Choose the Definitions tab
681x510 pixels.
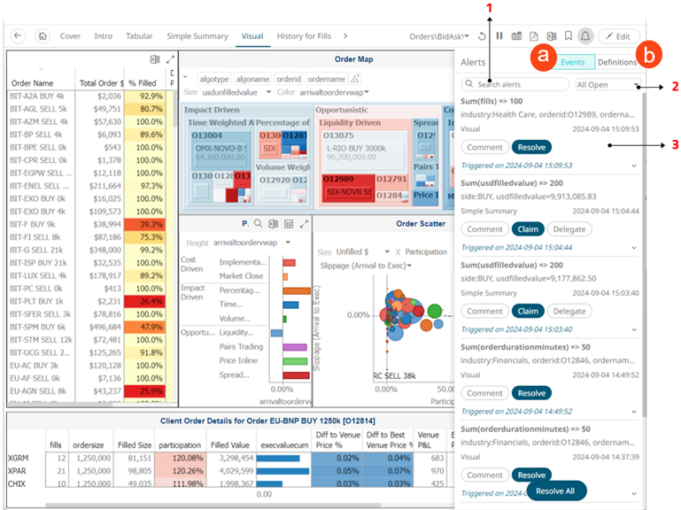[x=617, y=63]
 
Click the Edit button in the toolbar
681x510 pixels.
[x=619, y=36]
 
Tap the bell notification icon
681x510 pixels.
[x=584, y=36]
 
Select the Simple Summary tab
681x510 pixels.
[x=197, y=36]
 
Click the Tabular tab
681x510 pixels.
[x=139, y=36]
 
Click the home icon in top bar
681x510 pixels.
[x=43, y=36]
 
